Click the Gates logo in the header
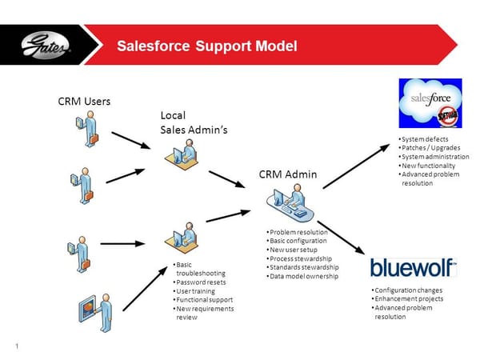click(48, 45)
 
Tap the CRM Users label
click(84, 102)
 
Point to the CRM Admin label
click(287, 174)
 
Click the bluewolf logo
click(413, 267)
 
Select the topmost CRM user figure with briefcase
click(90, 130)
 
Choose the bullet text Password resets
click(202, 282)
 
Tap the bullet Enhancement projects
click(409, 298)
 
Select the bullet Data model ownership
click(304, 276)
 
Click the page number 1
click(16, 346)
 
